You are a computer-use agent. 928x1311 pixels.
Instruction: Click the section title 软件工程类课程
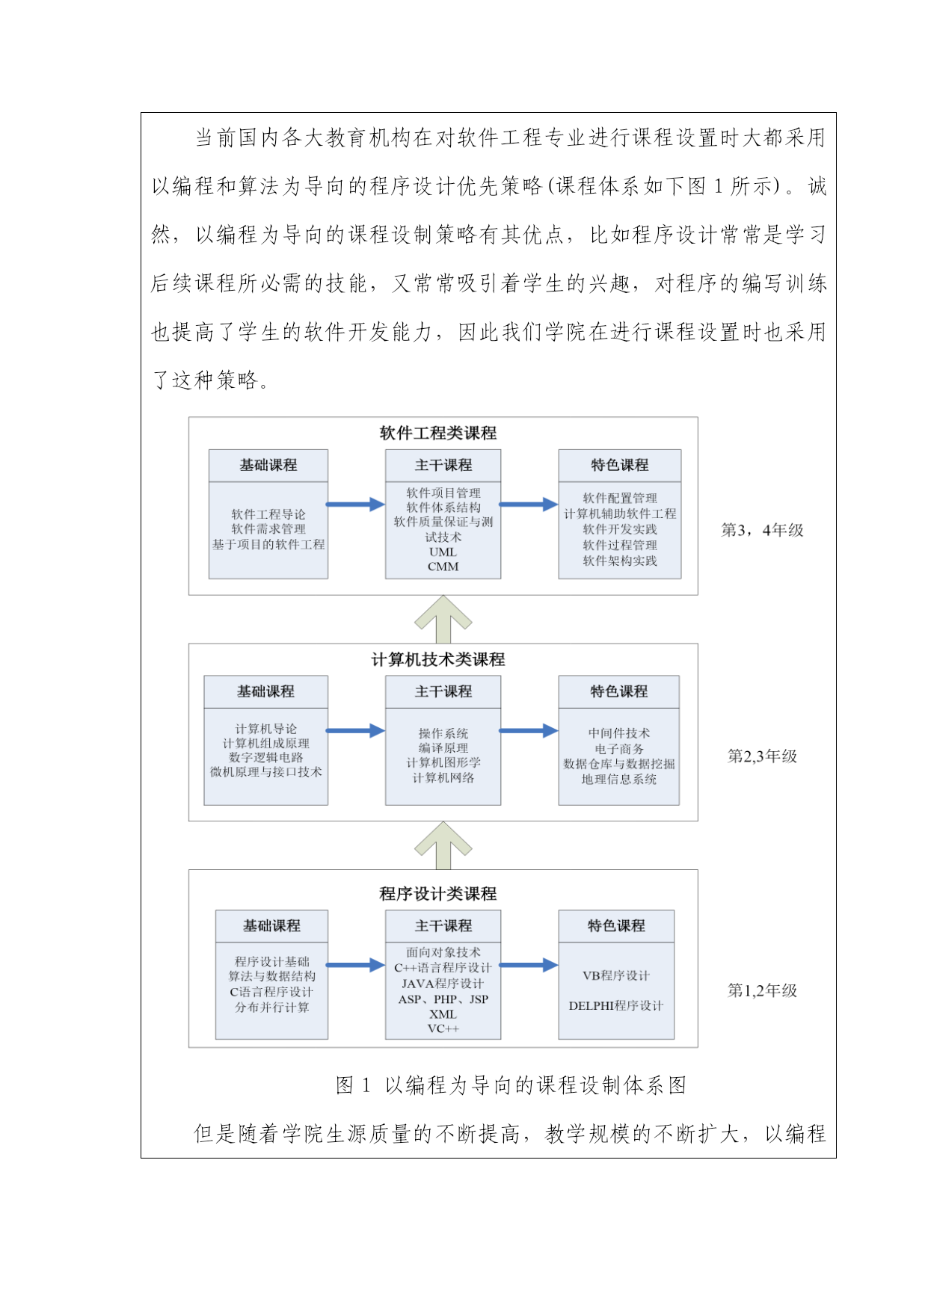[438, 433]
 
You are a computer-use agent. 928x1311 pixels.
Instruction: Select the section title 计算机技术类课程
[438, 659]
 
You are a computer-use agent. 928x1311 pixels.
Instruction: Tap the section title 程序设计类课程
[438, 894]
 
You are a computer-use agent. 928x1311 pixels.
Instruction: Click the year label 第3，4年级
[762, 530]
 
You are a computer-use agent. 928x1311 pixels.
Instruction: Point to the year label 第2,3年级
[763, 756]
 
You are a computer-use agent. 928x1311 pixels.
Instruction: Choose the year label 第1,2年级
[763, 990]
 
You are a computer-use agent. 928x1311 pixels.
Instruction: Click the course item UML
[443, 552]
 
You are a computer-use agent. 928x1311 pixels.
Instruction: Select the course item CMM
[443, 567]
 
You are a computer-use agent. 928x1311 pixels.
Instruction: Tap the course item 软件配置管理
[620, 498]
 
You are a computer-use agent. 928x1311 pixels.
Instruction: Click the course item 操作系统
[443, 733]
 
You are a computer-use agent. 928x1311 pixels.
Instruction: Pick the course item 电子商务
[619, 748]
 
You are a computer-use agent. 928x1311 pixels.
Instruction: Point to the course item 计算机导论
[266, 729]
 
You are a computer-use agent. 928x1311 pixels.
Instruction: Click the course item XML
[443, 1014]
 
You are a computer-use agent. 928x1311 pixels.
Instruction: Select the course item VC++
[443, 1028]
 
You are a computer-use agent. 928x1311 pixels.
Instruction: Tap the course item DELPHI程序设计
[616, 1006]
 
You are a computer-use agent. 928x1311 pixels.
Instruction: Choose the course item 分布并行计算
[271, 1007]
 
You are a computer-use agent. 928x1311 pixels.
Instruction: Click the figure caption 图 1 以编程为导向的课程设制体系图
[511, 1085]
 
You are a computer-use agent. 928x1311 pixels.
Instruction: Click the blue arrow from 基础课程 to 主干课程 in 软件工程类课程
[356, 505]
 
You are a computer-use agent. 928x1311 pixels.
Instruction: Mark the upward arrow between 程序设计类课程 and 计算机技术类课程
[443, 845]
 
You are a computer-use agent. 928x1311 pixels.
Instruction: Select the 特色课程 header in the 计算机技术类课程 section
[619, 692]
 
